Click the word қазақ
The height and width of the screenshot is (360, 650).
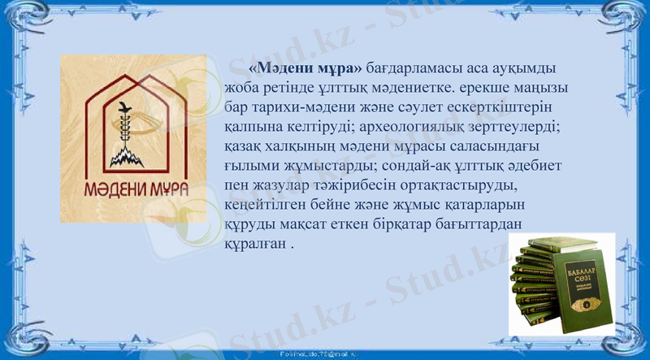[x=242, y=147]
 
